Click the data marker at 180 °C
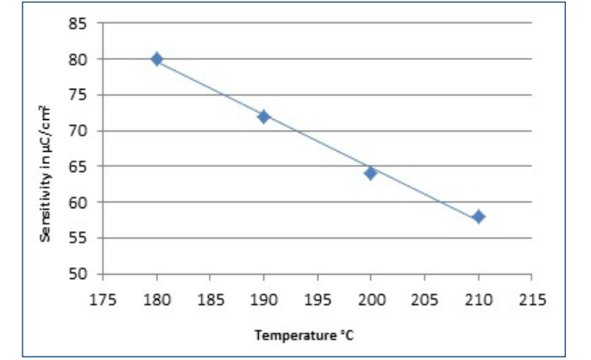pos(156,60)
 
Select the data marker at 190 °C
pos(263,117)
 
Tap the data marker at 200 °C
pos(370,173)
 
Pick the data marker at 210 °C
pos(478,216)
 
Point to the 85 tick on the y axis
pos(79,23)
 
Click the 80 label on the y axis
pos(79,60)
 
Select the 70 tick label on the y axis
pos(79,131)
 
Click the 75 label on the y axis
pos(79,95)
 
